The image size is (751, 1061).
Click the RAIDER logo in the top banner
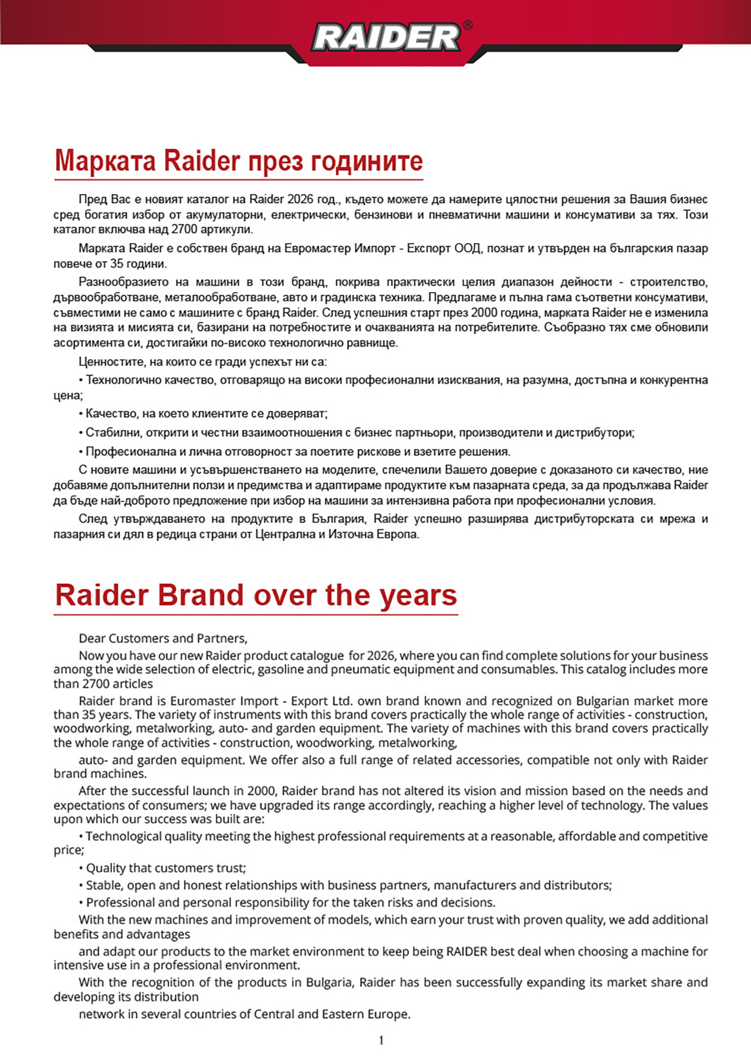[386, 38]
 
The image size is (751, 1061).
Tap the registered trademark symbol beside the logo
[468, 25]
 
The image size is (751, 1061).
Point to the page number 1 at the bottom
[381, 1040]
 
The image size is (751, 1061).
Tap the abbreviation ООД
[467, 248]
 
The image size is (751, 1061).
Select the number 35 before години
[117, 264]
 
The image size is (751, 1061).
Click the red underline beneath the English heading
[256, 614]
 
